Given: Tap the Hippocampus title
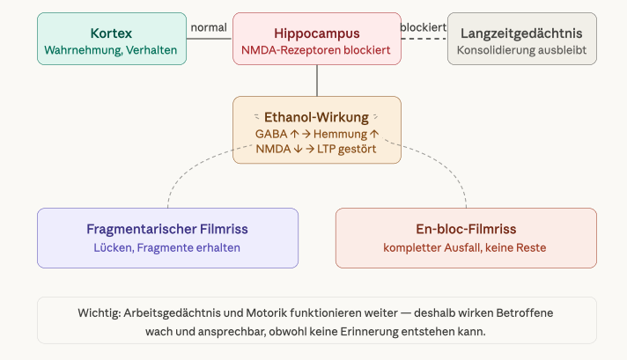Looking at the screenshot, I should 316,33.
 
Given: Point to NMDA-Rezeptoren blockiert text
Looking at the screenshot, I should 316,50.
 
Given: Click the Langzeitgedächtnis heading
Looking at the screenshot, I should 521,33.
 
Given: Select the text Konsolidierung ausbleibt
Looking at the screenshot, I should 521,50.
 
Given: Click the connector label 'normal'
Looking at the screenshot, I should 209,27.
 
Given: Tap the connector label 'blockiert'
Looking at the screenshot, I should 423,27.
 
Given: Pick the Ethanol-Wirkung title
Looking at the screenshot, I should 316,116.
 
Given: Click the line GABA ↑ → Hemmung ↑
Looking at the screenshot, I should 316,133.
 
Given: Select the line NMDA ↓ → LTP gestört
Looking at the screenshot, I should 316,149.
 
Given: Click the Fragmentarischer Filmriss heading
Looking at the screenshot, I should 167,229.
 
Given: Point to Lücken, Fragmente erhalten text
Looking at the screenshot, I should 167,247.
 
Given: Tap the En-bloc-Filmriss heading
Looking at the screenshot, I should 465,229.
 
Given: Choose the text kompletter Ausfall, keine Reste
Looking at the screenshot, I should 465,247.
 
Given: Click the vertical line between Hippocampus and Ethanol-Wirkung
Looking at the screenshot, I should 316,80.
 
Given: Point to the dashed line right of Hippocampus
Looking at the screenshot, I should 424,39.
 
